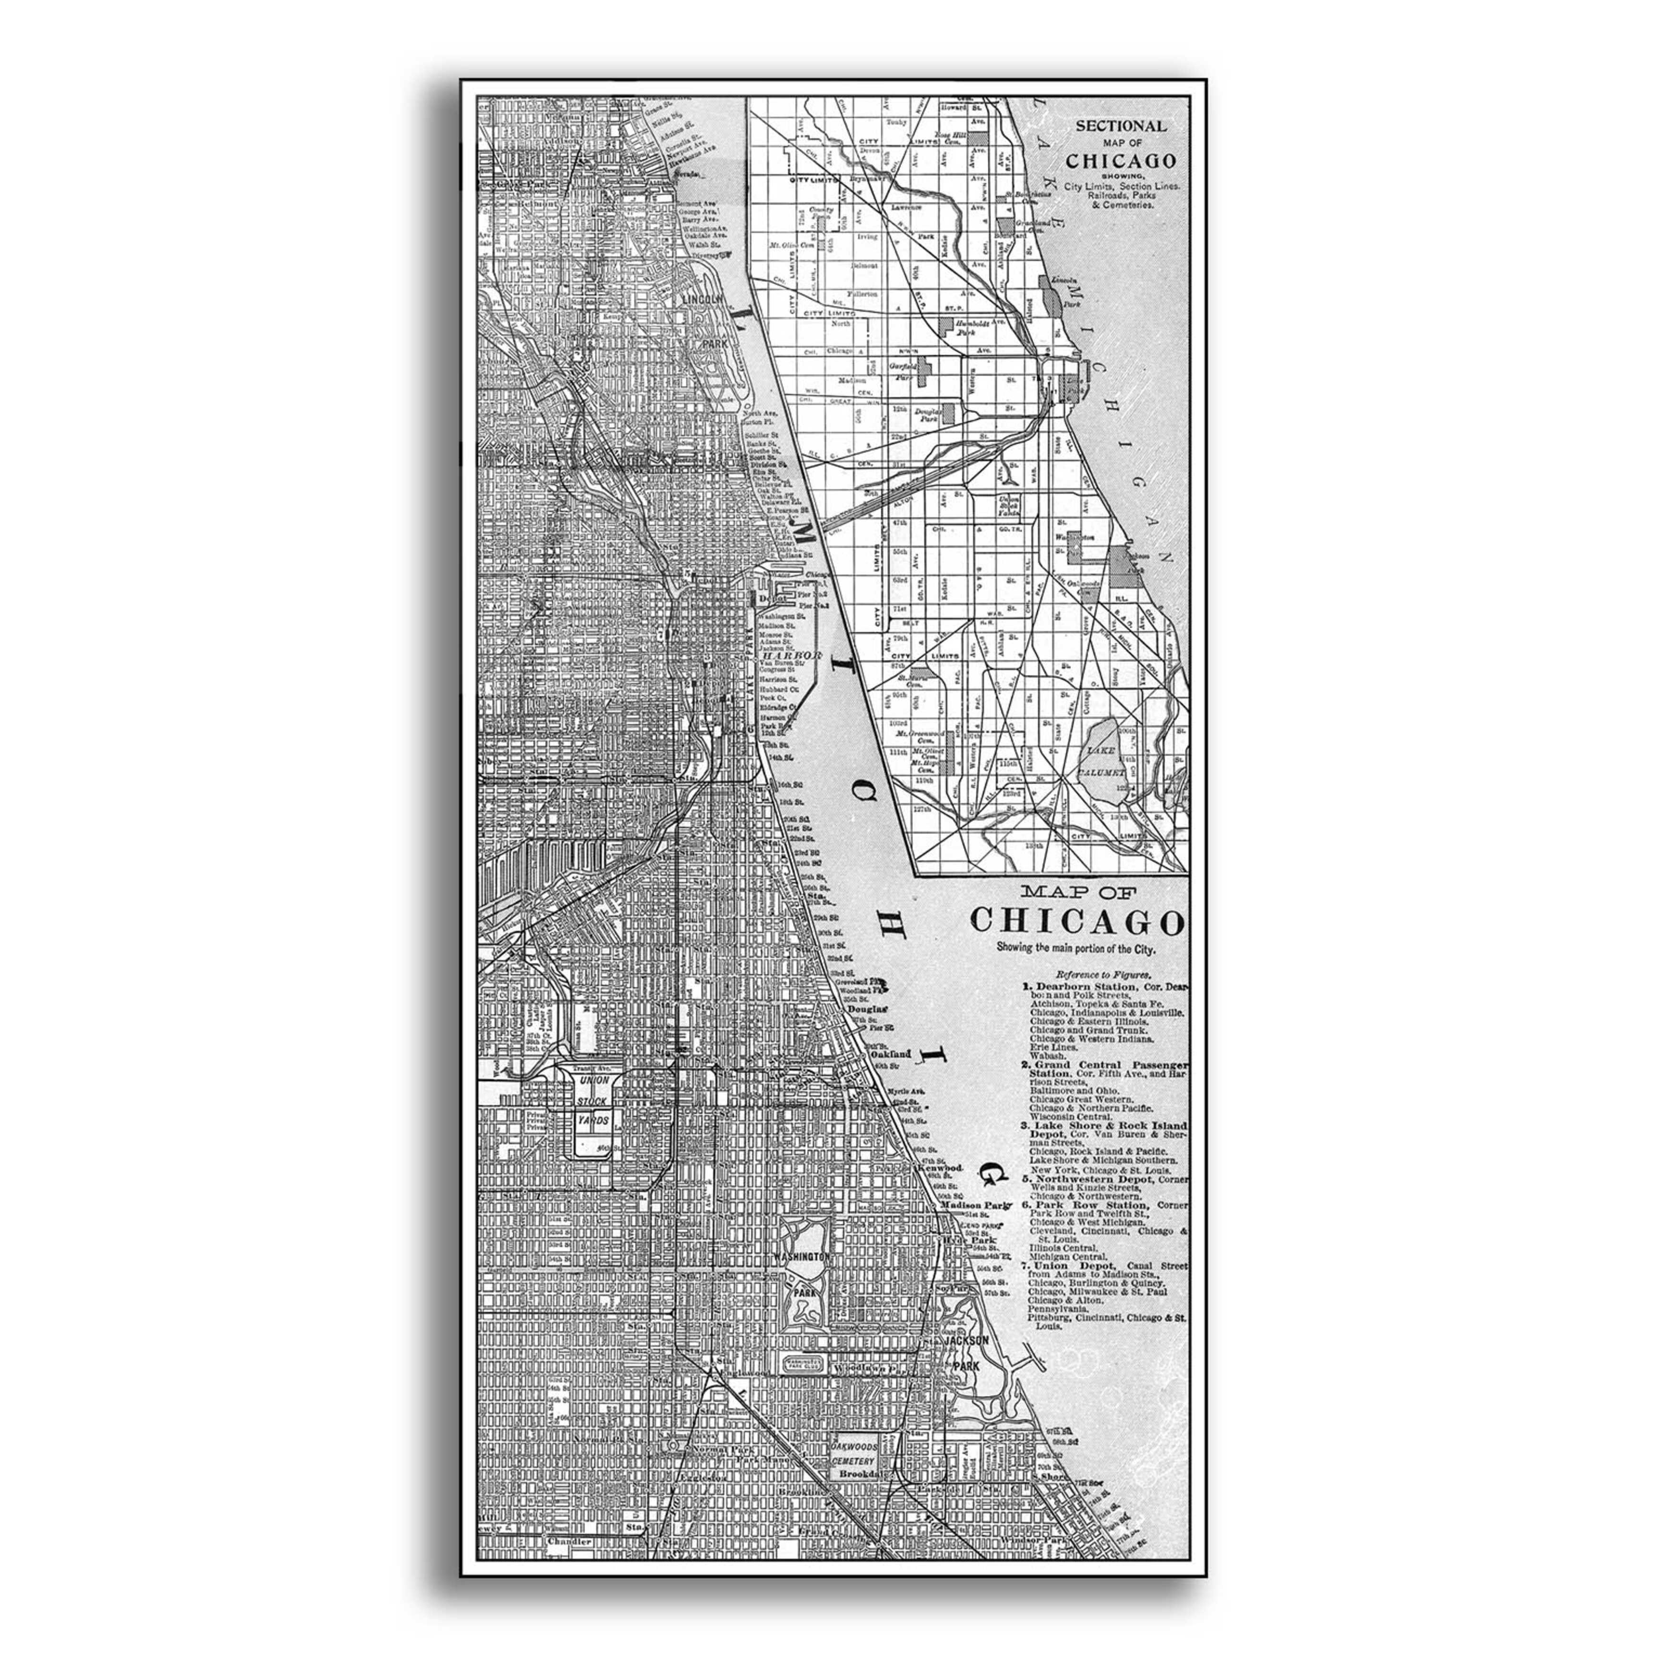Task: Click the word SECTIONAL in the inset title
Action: [x=1120, y=126]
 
